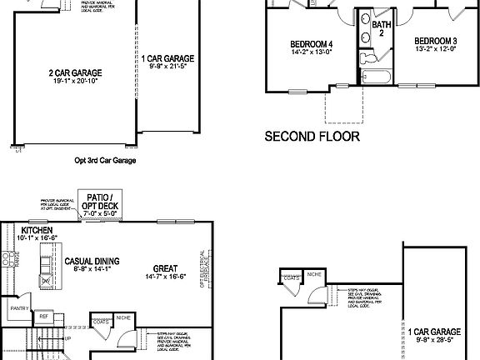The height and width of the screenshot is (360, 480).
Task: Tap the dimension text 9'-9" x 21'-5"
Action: (167, 67)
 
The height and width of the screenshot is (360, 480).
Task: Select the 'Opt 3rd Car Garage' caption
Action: (105, 161)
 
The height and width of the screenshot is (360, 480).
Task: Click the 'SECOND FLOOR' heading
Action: (312, 136)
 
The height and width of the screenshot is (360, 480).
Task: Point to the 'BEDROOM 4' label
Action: (312, 43)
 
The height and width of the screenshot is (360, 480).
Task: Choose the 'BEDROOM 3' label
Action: (436, 41)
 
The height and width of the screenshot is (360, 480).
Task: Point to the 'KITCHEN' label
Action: (37, 229)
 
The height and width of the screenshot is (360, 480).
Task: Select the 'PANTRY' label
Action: (19, 308)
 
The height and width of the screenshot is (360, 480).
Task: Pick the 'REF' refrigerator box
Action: (43, 317)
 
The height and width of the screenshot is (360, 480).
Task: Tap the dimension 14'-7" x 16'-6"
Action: (164, 276)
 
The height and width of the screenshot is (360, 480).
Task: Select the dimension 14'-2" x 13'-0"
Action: (311, 52)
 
